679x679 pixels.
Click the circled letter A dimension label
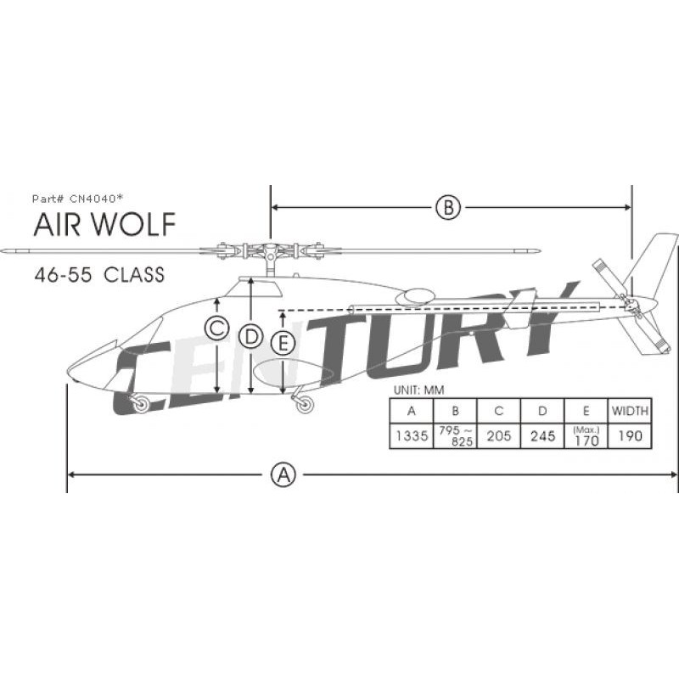pyautogui.click(x=283, y=474)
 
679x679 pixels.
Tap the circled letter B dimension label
pyautogui.click(x=448, y=206)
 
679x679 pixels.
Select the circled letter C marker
pyautogui.click(x=217, y=328)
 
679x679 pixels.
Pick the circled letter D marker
pyautogui.click(x=250, y=336)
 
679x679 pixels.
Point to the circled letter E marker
pyautogui.click(x=284, y=343)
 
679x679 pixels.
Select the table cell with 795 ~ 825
pyautogui.click(x=456, y=435)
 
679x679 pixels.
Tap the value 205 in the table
pyautogui.click(x=499, y=435)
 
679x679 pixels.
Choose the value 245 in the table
pyautogui.click(x=542, y=435)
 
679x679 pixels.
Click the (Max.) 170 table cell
pyautogui.click(x=586, y=435)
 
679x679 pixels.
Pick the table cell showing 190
pyautogui.click(x=630, y=435)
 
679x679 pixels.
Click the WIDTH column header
pyautogui.click(x=630, y=411)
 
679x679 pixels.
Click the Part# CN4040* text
pyautogui.click(x=78, y=198)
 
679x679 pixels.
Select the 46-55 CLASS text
pyautogui.click(x=99, y=275)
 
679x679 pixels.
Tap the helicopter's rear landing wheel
pyautogui.click(x=304, y=404)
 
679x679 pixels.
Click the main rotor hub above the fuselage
pyautogui.click(x=269, y=251)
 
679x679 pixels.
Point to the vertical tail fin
pyautogui.click(x=655, y=259)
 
